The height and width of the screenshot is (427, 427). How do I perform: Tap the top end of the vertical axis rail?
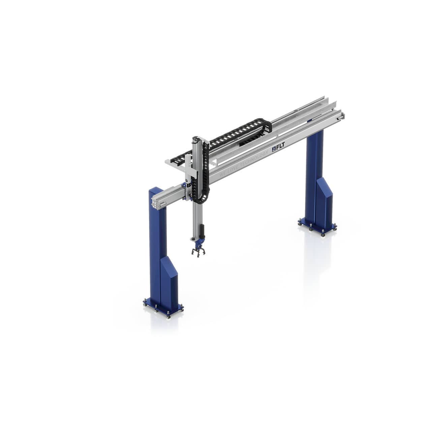click(x=196, y=139)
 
